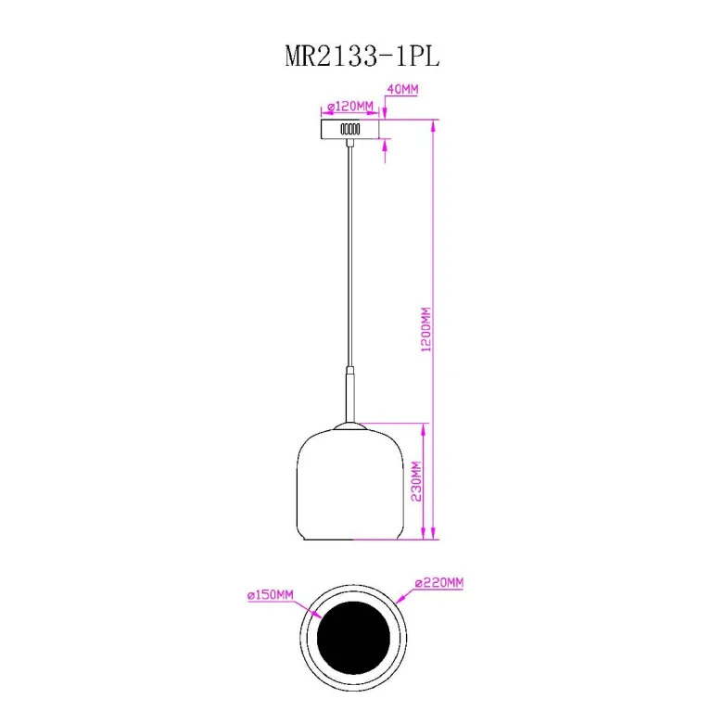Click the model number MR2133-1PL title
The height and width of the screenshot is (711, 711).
pos(362,57)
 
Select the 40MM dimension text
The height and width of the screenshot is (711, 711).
pos(402,89)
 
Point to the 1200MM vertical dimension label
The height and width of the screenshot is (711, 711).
pos(426,329)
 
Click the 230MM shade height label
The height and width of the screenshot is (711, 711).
pos(416,481)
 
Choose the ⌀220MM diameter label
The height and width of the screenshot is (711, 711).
pos(439,582)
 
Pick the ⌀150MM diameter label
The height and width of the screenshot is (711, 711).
pos(271,594)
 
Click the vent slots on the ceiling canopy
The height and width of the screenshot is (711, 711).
pos(350,129)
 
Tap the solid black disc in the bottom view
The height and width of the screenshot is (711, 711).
pos(353,638)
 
